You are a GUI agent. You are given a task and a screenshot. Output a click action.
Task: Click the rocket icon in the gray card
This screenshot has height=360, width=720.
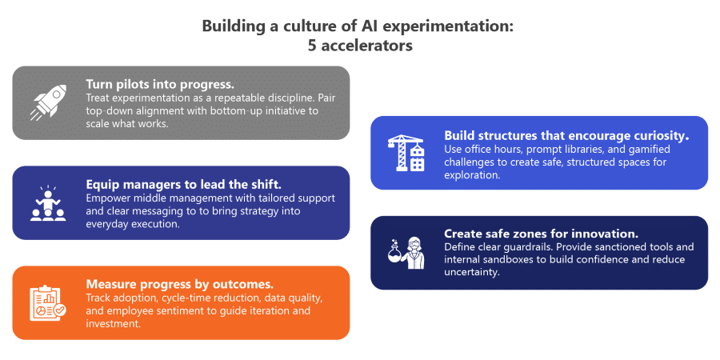pyautogui.click(x=48, y=102)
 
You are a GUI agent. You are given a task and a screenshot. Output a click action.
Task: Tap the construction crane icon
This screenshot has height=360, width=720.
pyautogui.click(x=406, y=153)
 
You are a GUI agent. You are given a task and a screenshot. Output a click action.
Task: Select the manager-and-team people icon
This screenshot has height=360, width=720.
pyautogui.click(x=48, y=203)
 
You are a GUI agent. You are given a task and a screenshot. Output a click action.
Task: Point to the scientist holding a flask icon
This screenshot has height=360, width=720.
pyautogui.click(x=406, y=253)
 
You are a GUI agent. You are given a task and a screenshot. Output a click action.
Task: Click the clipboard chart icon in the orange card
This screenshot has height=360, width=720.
pyautogui.click(x=48, y=303)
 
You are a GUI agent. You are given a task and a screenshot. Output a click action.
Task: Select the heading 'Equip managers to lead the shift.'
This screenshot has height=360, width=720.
pyautogui.click(x=183, y=184)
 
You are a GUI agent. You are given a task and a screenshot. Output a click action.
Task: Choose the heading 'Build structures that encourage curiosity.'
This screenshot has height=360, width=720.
pyautogui.click(x=566, y=135)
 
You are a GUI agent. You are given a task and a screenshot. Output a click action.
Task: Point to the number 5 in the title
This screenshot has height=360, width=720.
pyautogui.click(x=312, y=46)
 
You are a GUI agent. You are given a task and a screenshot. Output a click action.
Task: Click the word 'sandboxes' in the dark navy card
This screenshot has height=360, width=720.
pyautogui.click(x=503, y=260)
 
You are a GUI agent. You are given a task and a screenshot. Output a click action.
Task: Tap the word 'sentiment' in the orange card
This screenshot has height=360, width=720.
pyautogui.click(x=181, y=311)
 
